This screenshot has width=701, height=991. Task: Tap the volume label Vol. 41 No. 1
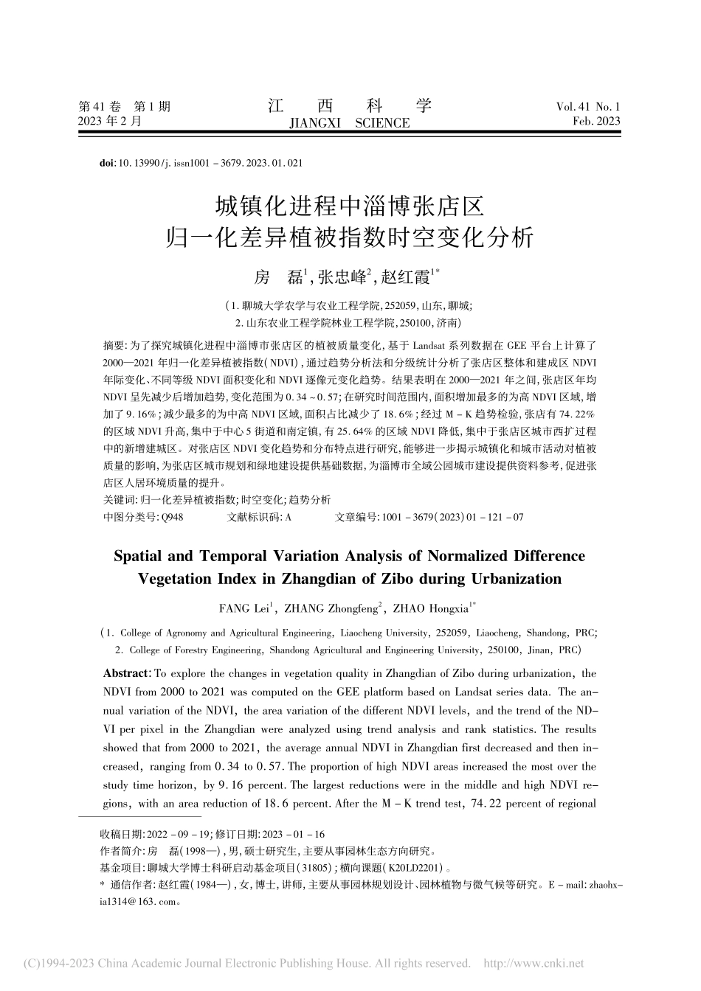[x=588, y=107]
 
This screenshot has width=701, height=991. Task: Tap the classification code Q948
[x=172, y=518]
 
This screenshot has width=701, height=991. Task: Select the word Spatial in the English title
[x=141, y=556]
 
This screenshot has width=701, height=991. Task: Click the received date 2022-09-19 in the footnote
[x=179, y=835]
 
